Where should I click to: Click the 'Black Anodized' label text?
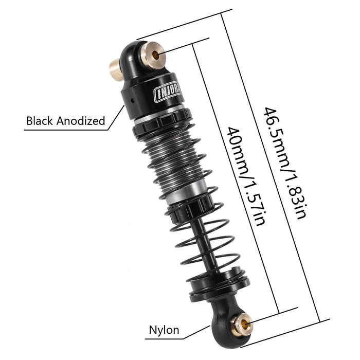coord(66,121)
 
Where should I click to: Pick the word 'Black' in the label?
coord(41,121)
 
